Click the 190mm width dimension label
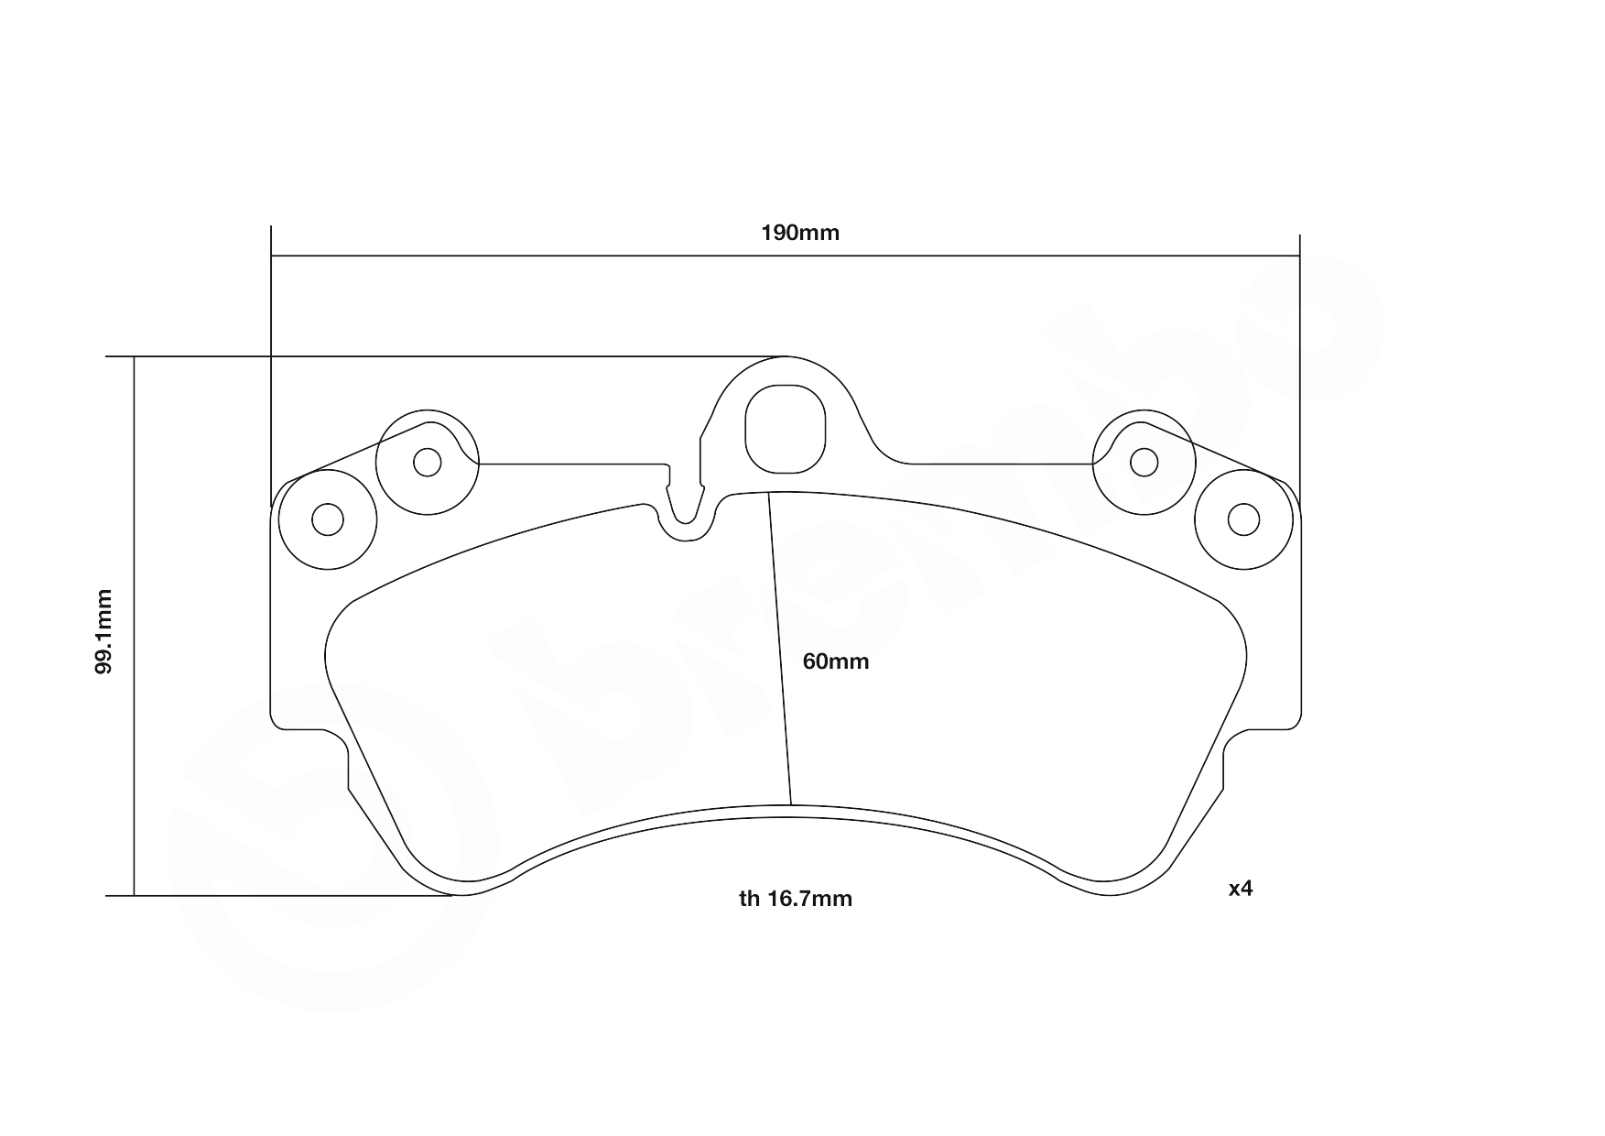[799, 233]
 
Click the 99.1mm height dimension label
[104, 631]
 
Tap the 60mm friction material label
[835, 661]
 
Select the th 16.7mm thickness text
[795, 899]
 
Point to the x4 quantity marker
[1240, 888]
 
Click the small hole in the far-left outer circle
[327, 520]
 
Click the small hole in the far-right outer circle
[1242, 520]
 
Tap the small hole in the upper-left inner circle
[427, 462]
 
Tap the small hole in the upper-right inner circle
[1144, 462]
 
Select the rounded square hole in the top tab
[786, 429]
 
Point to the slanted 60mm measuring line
[780, 650]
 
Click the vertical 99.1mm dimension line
[134, 733]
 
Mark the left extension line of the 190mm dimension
[271, 366]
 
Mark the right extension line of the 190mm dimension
[1299, 366]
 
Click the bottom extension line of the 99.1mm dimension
[275, 896]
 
